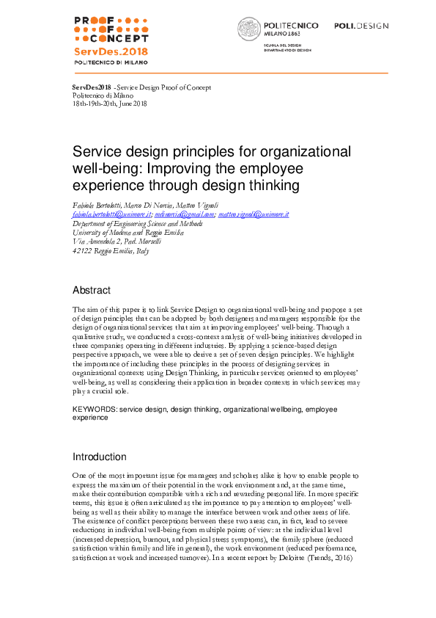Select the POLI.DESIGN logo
(x=361, y=26)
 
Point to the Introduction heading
(x=100, y=457)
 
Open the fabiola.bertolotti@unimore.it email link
(x=110, y=214)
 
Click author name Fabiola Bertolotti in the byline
(x=100, y=205)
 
